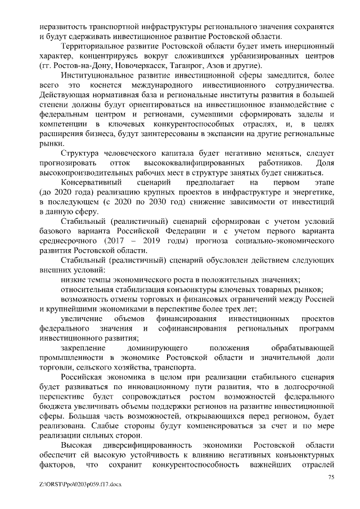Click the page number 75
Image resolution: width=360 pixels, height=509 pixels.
point(331,478)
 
